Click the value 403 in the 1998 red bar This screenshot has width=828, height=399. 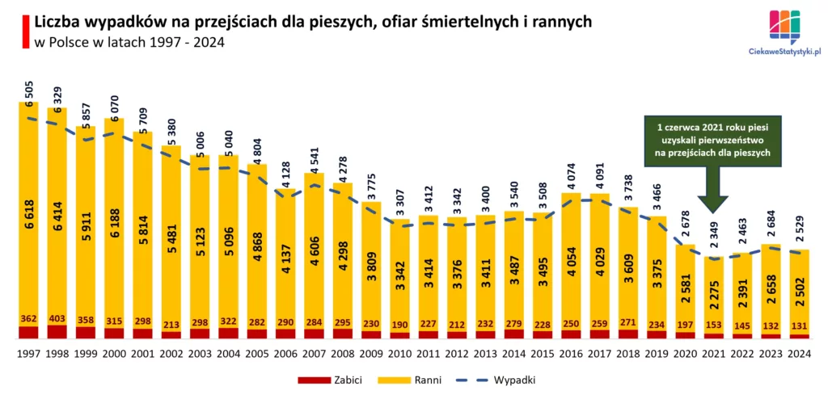57,319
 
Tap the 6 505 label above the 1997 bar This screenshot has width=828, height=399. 29,90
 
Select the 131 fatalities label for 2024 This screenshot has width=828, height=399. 799,325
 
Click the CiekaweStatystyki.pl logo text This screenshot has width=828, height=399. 780,51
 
